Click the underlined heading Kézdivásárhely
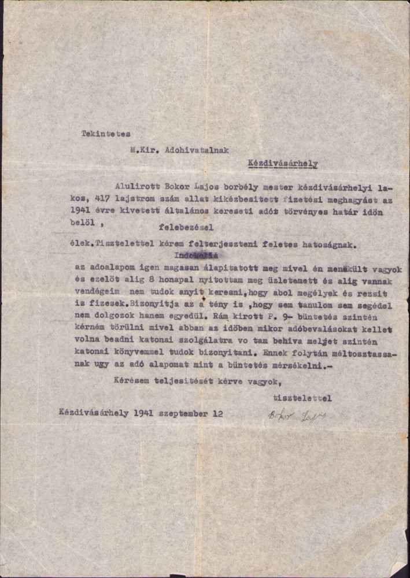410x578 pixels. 282,164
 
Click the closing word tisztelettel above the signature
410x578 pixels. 302,398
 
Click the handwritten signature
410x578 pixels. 293,415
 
